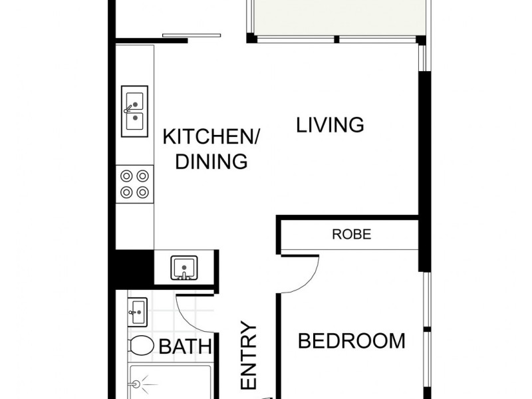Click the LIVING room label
[331, 124]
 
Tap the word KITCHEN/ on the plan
[211, 138]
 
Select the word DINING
[211, 162]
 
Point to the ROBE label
[351, 235]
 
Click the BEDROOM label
[351, 341]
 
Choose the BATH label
[186, 346]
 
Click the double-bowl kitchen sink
[134, 111]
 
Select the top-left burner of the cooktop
[126, 177]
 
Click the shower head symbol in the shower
[137, 384]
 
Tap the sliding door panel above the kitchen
[192, 35]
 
